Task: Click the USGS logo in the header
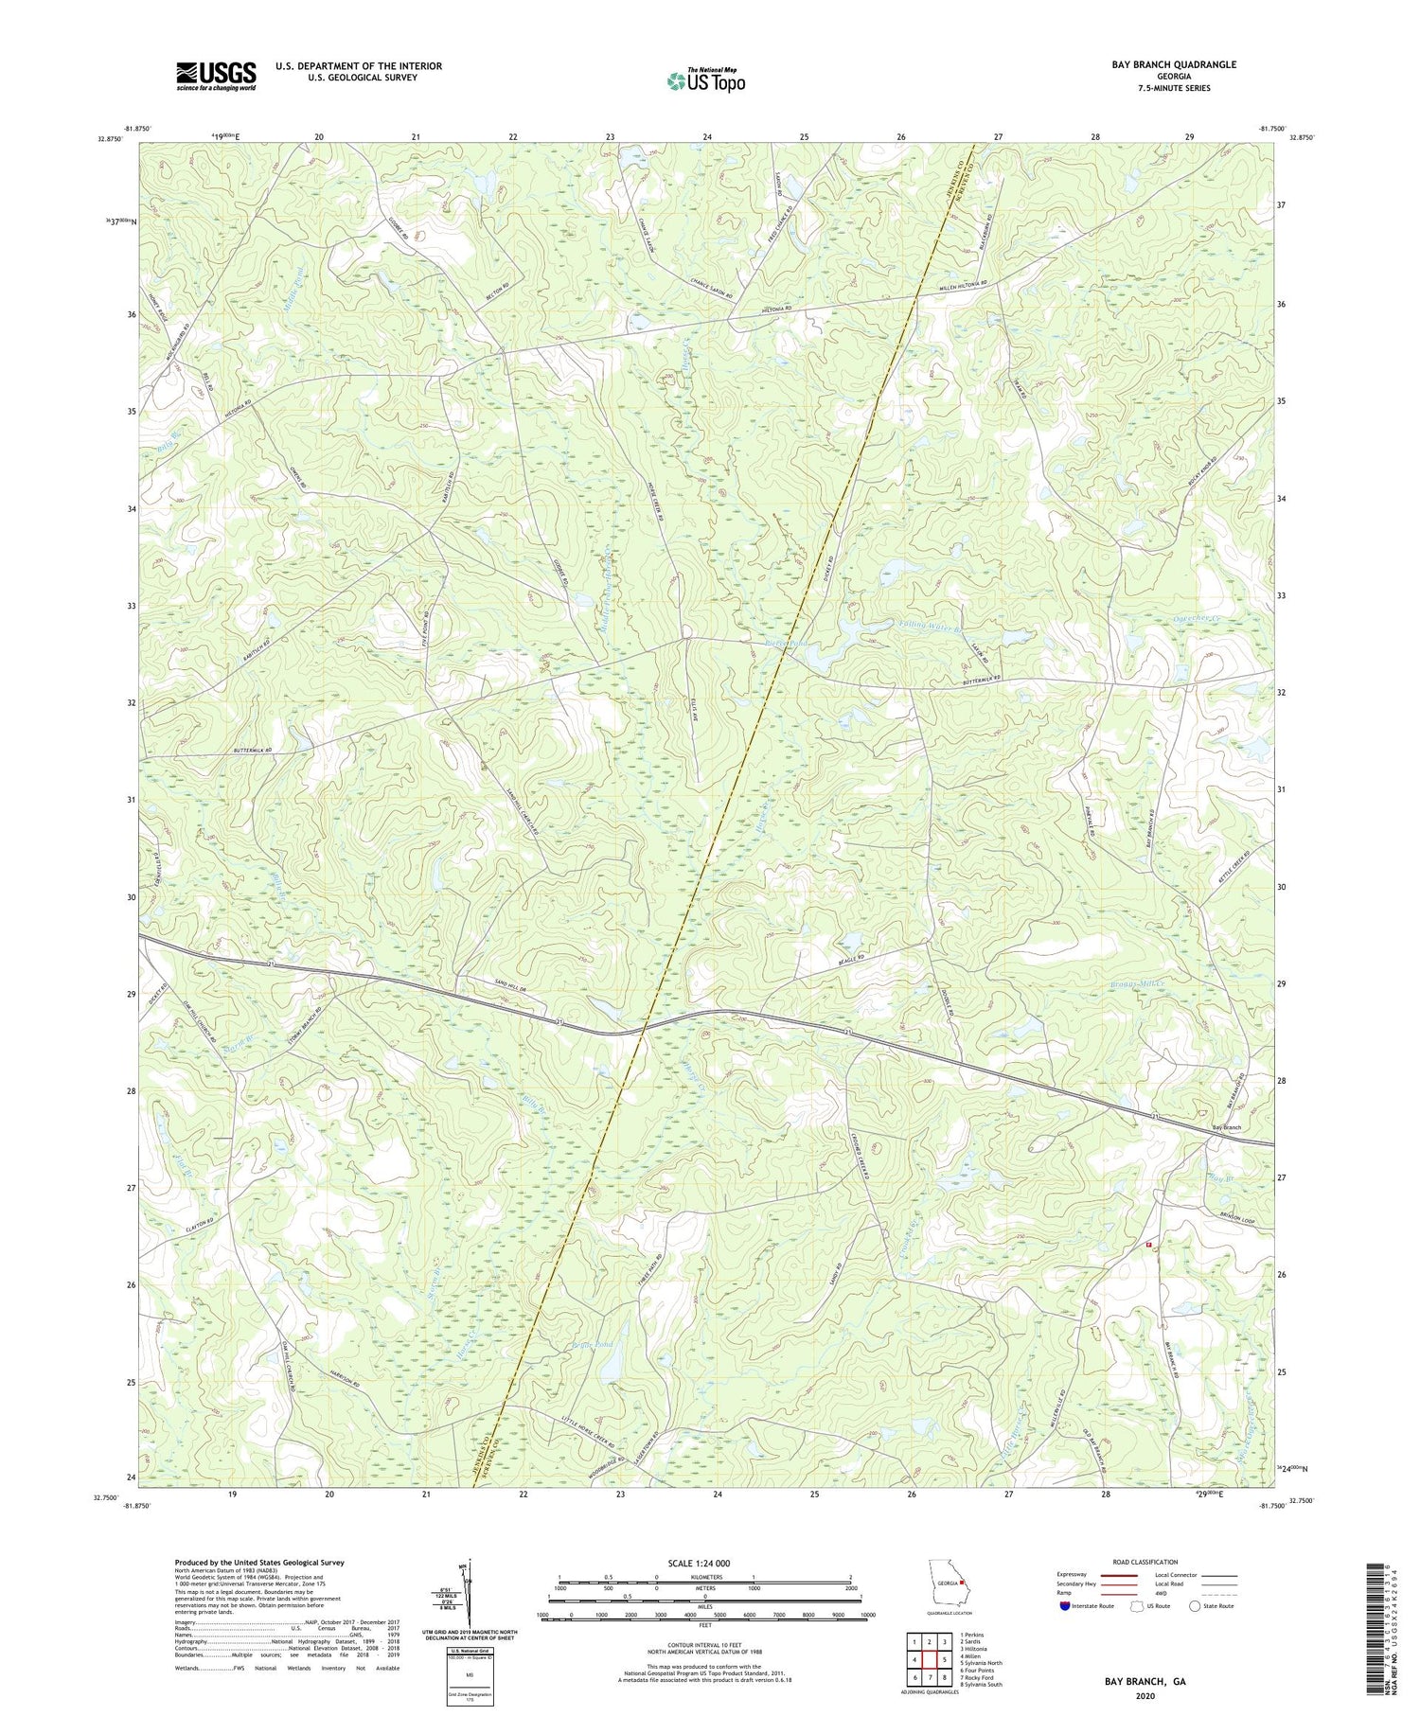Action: (216, 76)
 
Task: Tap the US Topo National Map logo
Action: (705, 80)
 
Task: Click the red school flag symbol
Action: (1149, 1245)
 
